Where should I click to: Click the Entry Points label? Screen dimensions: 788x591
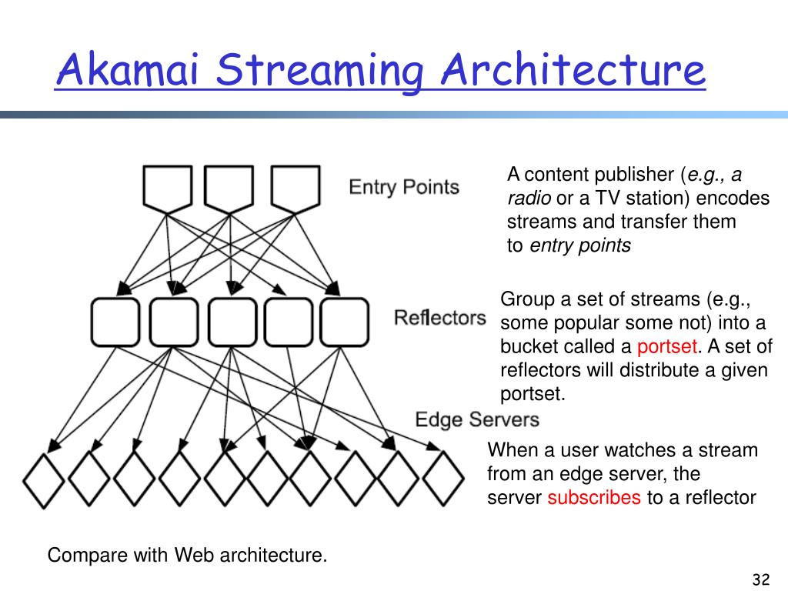(x=404, y=187)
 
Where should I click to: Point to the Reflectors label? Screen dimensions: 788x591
(x=439, y=318)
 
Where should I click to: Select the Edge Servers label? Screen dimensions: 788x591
(x=477, y=419)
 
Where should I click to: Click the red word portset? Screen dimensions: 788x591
(x=667, y=347)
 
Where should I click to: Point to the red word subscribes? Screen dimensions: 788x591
(x=594, y=498)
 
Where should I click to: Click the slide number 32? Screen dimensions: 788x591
(x=761, y=579)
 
